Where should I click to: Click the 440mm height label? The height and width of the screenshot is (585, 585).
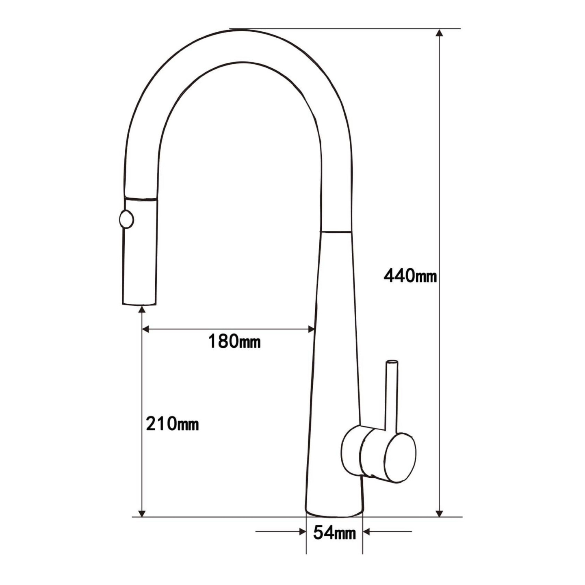[x=410, y=276]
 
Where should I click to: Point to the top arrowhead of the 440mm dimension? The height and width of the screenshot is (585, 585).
[x=439, y=33]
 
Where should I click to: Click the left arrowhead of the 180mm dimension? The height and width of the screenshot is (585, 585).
[x=146, y=329]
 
